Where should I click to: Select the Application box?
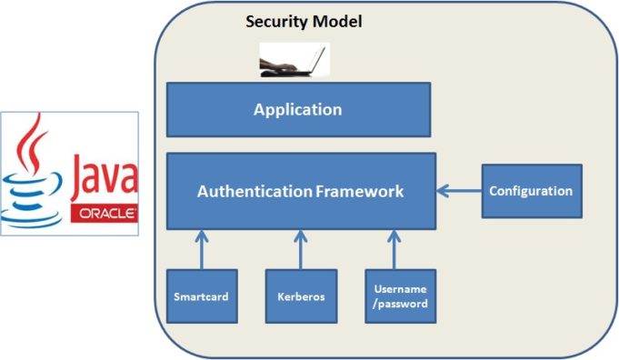[298, 110]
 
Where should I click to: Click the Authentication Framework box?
[301, 191]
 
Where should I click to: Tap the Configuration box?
[531, 191]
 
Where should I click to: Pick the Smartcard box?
[201, 297]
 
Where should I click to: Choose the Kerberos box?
[301, 297]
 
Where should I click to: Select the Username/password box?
[400, 297]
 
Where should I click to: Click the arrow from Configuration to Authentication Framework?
[458, 191]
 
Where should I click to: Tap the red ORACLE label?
[104, 215]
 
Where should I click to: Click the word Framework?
[360, 192]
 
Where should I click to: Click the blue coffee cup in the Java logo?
[35, 195]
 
